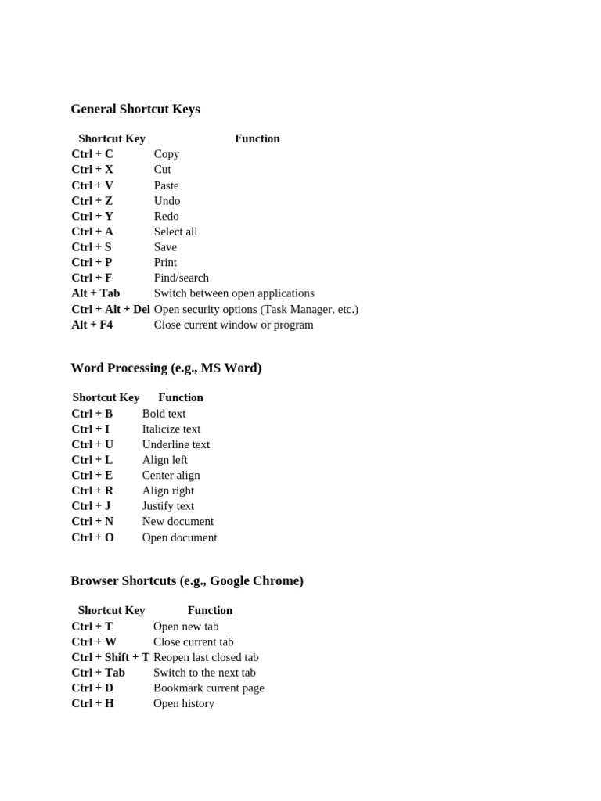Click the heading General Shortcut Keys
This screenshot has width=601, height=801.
pos(135,109)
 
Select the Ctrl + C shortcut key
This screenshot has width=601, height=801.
pos(92,154)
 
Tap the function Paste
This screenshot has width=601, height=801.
pos(166,185)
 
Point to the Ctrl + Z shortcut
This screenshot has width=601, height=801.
pos(92,201)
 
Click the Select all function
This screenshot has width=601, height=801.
pos(175,232)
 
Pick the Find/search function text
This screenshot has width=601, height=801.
pos(182,278)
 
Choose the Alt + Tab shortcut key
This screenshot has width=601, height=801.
pos(95,293)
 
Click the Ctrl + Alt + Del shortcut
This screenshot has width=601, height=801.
pos(110,309)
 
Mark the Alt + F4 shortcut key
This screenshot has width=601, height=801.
pos(92,325)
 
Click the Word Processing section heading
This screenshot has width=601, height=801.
pos(166,368)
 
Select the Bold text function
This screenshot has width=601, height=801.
pos(164,413)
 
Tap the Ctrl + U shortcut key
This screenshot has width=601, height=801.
pos(92,444)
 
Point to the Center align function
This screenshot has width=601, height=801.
pos(171,475)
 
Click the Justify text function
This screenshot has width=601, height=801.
pos(168,506)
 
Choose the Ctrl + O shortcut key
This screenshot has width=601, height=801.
pos(92,537)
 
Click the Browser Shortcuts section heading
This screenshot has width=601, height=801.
pos(187,580)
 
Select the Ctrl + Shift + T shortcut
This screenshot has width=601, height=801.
pos(110,657)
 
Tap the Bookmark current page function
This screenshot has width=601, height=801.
pos(209,688)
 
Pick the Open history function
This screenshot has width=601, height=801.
pos(184,703)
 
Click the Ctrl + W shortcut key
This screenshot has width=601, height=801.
pos(94,642)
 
